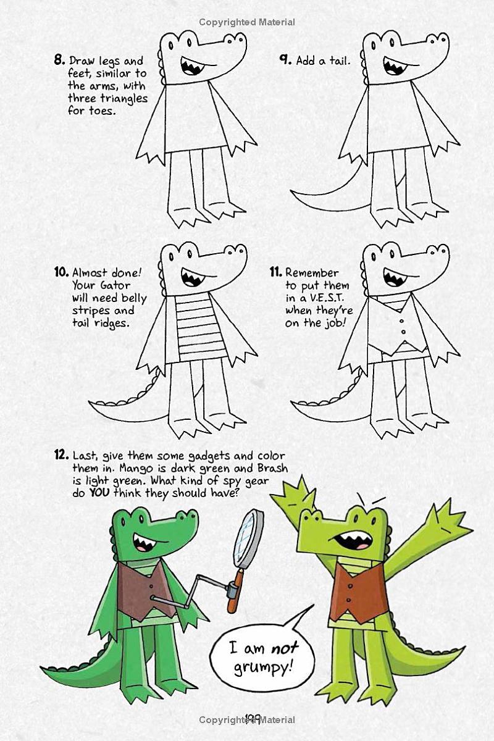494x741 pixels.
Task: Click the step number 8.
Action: (x=59, y=61)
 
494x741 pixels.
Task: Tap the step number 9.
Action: (x=285, y=60)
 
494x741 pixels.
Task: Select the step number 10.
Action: (x=62, y=272)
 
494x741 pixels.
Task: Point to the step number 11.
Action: (x=276, y=272)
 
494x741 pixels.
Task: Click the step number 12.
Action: (x=62, y=455)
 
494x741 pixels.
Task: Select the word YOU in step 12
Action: (x=99, y=493)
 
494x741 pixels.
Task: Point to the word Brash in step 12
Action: (x=273, y=468)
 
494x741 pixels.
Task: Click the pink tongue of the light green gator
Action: (x=363, y=546)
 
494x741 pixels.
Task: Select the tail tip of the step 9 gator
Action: (x=292, y=191)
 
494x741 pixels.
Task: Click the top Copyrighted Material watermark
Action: (x=247, y=22)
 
